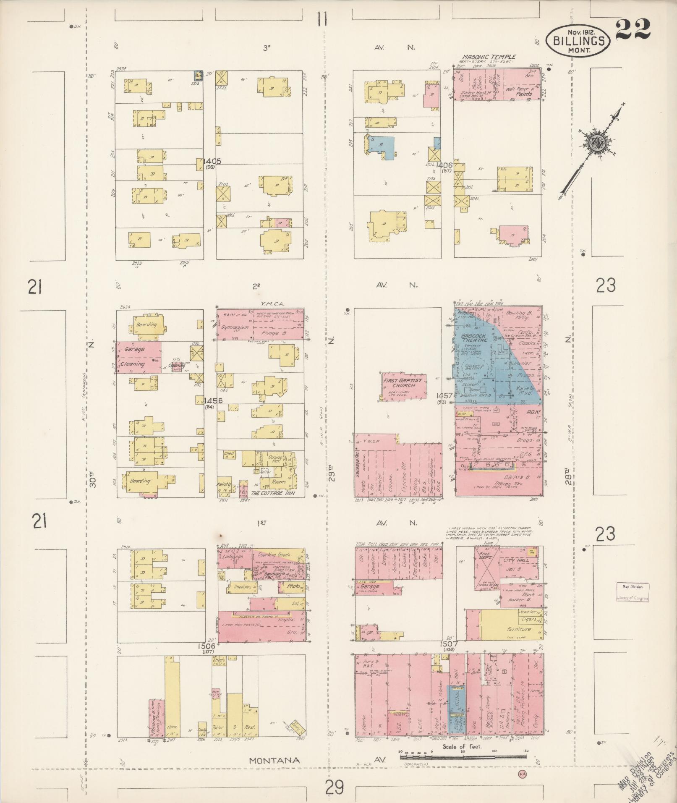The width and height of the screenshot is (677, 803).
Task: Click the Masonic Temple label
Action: (489, 57)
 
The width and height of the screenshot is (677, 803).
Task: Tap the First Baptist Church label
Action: (404, 382)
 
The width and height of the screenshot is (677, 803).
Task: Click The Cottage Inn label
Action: (272, 494)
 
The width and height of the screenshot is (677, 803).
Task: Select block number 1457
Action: (444, 396)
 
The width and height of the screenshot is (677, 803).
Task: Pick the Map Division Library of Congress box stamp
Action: (633, 592)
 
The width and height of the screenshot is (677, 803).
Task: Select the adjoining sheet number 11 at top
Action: (322, 20)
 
